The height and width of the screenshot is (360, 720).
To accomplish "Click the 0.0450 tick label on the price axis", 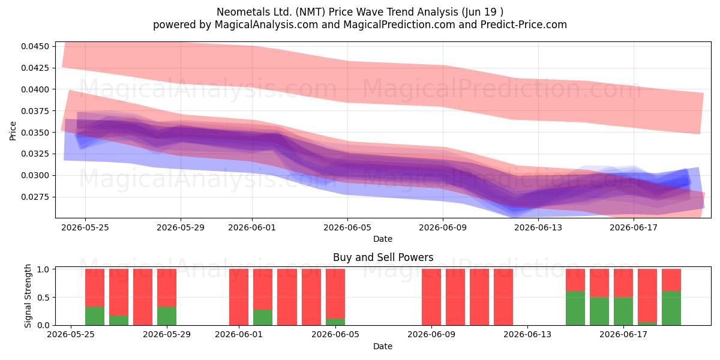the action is (35, 46).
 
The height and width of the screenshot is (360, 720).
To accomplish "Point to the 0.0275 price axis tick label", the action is (35, 197).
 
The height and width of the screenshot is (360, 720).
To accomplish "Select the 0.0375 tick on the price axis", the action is (35, 111).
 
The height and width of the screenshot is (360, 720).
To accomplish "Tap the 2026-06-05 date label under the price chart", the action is (347, 227).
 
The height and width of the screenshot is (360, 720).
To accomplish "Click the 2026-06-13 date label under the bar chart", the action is (527, 334).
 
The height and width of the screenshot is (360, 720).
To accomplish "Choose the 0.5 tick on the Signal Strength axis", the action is (43, 298).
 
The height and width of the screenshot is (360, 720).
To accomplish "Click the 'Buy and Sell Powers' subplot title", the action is (383, 257).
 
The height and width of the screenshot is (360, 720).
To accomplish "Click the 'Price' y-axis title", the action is (13, 131).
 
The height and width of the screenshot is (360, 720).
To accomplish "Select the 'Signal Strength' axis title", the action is (28, 296).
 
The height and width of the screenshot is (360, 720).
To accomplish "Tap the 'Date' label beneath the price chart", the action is (383, 239).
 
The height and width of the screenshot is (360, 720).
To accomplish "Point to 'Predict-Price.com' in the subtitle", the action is (524, 25).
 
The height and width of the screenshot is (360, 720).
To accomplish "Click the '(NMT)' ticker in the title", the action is (311, 12).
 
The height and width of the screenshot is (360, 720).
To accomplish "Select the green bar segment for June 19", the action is (671, 308).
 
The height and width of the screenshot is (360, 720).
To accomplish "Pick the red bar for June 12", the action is (503, 297).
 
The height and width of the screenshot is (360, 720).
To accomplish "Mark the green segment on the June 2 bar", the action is (263, 317).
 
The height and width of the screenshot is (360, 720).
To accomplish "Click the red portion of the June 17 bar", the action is (647, 295).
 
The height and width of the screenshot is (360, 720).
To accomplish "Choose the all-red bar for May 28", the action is (143, 297).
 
